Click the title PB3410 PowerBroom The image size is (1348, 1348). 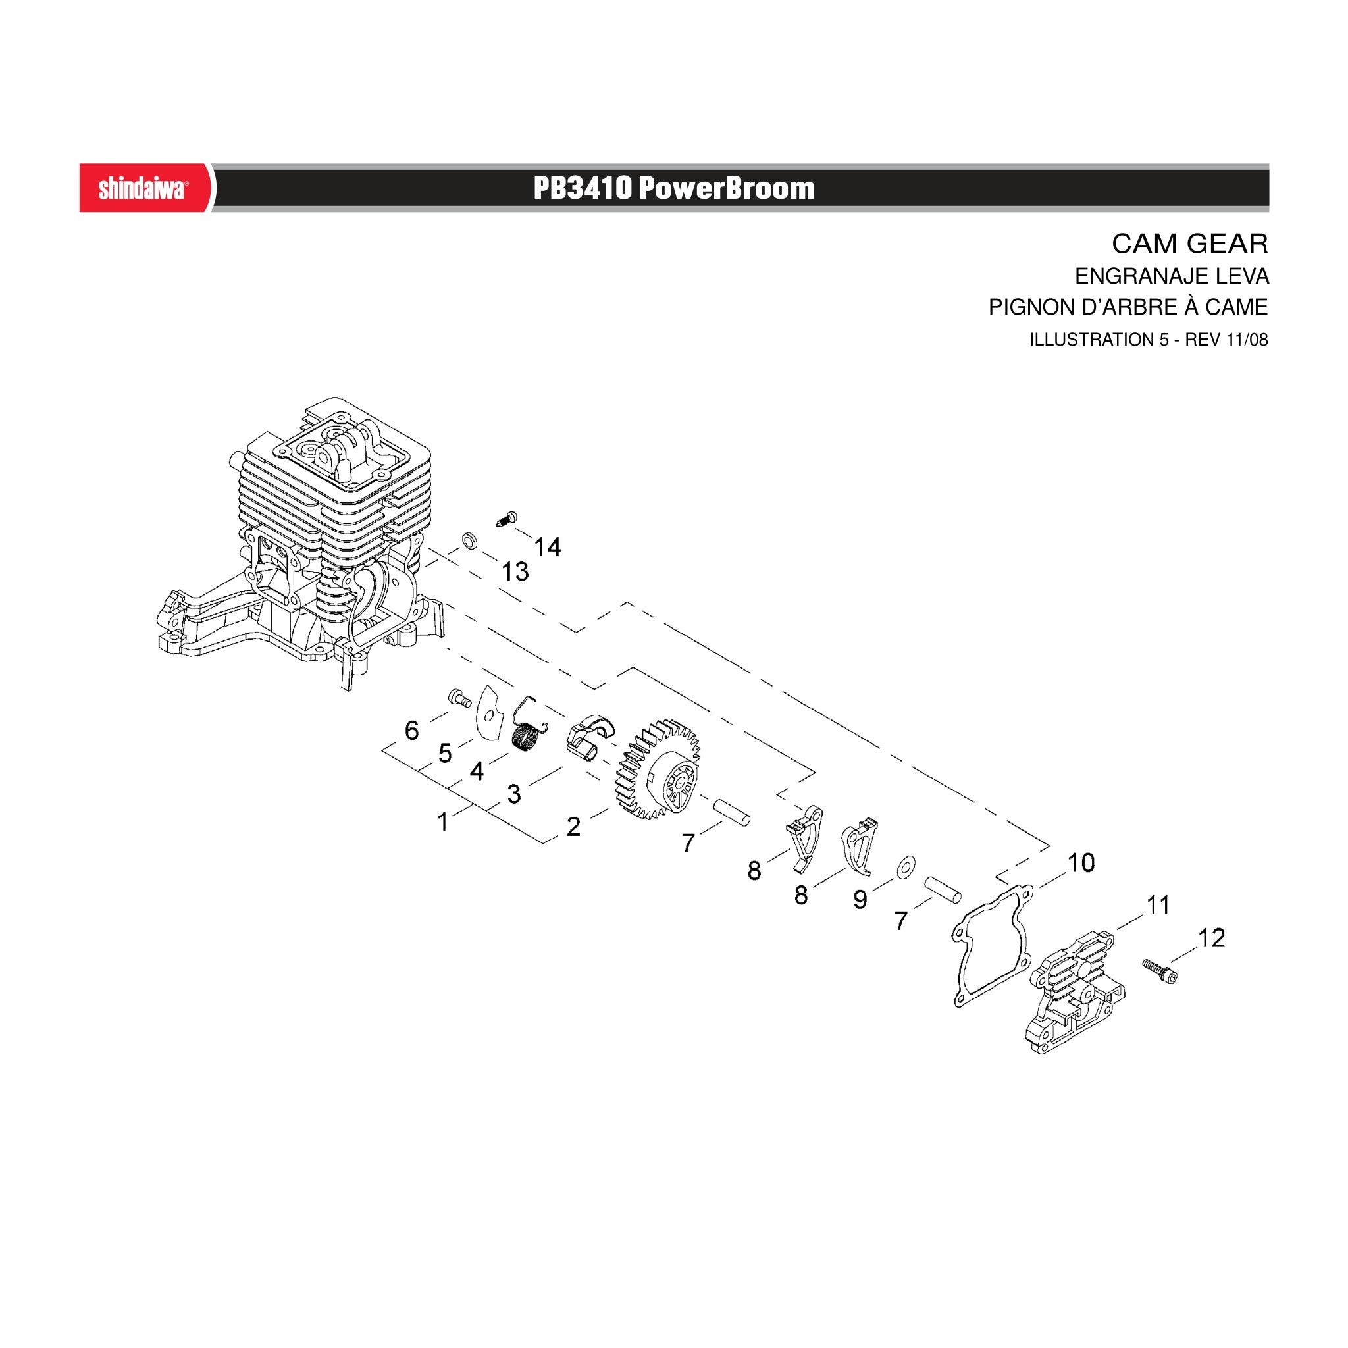(673, 188)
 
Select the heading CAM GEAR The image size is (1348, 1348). (1189, 244)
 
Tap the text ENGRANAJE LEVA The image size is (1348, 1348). (1172, 276)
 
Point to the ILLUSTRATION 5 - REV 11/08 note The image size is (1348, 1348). (1149, 340)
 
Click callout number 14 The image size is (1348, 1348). (548, 548)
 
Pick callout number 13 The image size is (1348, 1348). (515, 572)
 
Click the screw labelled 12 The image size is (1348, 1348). (1160, 970)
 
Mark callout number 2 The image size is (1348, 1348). (573, 827)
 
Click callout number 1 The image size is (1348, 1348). (442, 822)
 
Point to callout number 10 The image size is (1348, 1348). (1081, 863)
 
